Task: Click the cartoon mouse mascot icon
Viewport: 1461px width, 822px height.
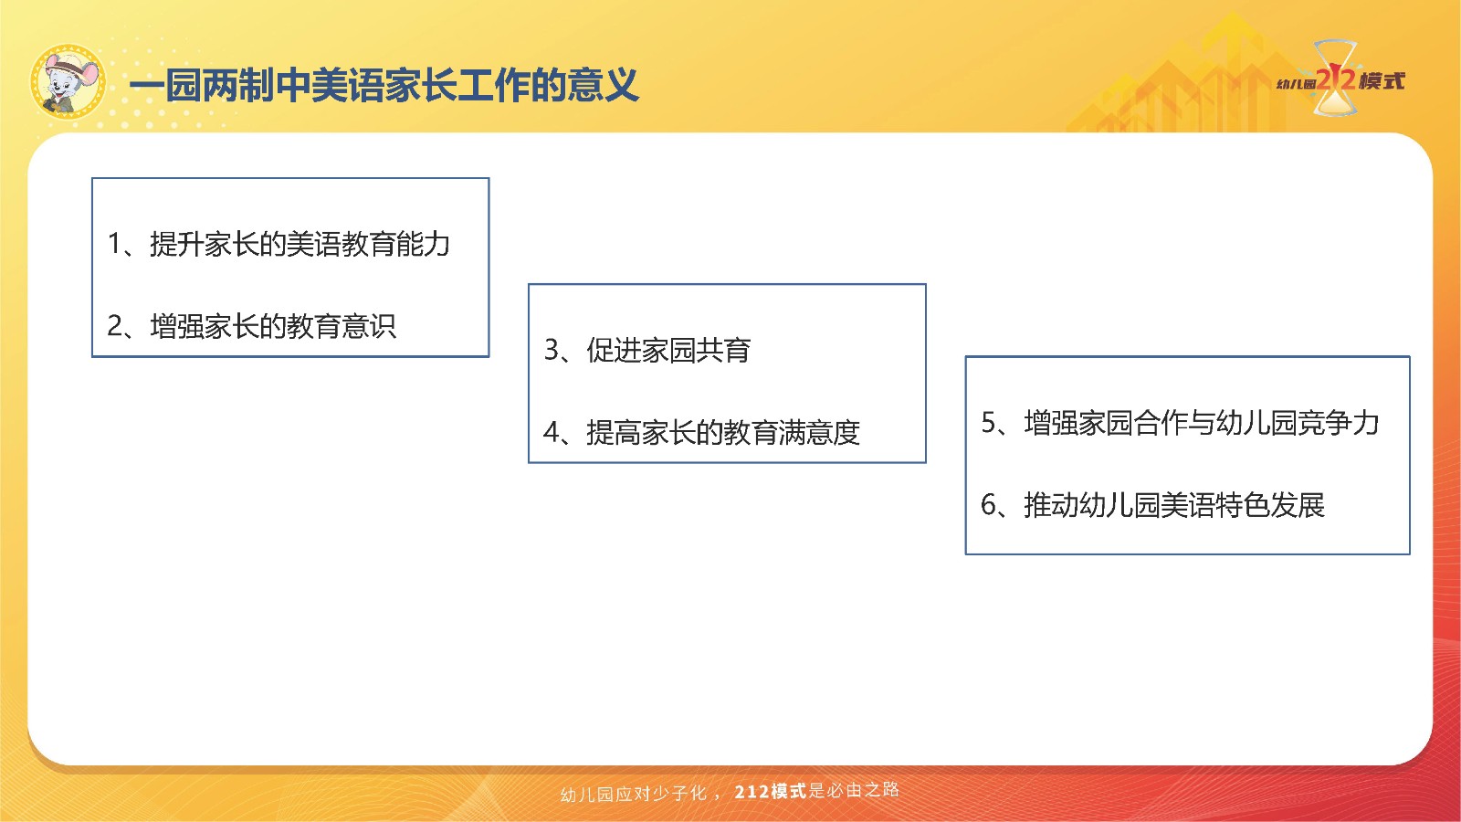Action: [68, 82]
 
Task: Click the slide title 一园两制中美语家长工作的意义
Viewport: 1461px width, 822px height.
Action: [384, 86]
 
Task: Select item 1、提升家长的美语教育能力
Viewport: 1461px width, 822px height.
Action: [279, 244]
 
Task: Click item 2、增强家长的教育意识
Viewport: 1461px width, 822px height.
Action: [251, 326]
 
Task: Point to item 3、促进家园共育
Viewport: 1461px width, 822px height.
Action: [647, 351]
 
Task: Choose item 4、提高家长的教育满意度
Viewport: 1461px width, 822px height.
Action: [701, 433]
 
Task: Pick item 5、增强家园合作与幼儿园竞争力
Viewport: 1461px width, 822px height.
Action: [1180, 423]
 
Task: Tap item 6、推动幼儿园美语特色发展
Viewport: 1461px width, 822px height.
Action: [1152, 505]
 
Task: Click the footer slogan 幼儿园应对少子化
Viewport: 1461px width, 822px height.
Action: [634, 794]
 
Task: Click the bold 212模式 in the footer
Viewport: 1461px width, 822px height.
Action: [771, 791]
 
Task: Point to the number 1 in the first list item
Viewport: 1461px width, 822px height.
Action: [114, 244]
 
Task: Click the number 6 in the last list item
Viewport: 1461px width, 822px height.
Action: [989, 505]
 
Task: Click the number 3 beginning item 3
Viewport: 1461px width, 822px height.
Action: [552, 351]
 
